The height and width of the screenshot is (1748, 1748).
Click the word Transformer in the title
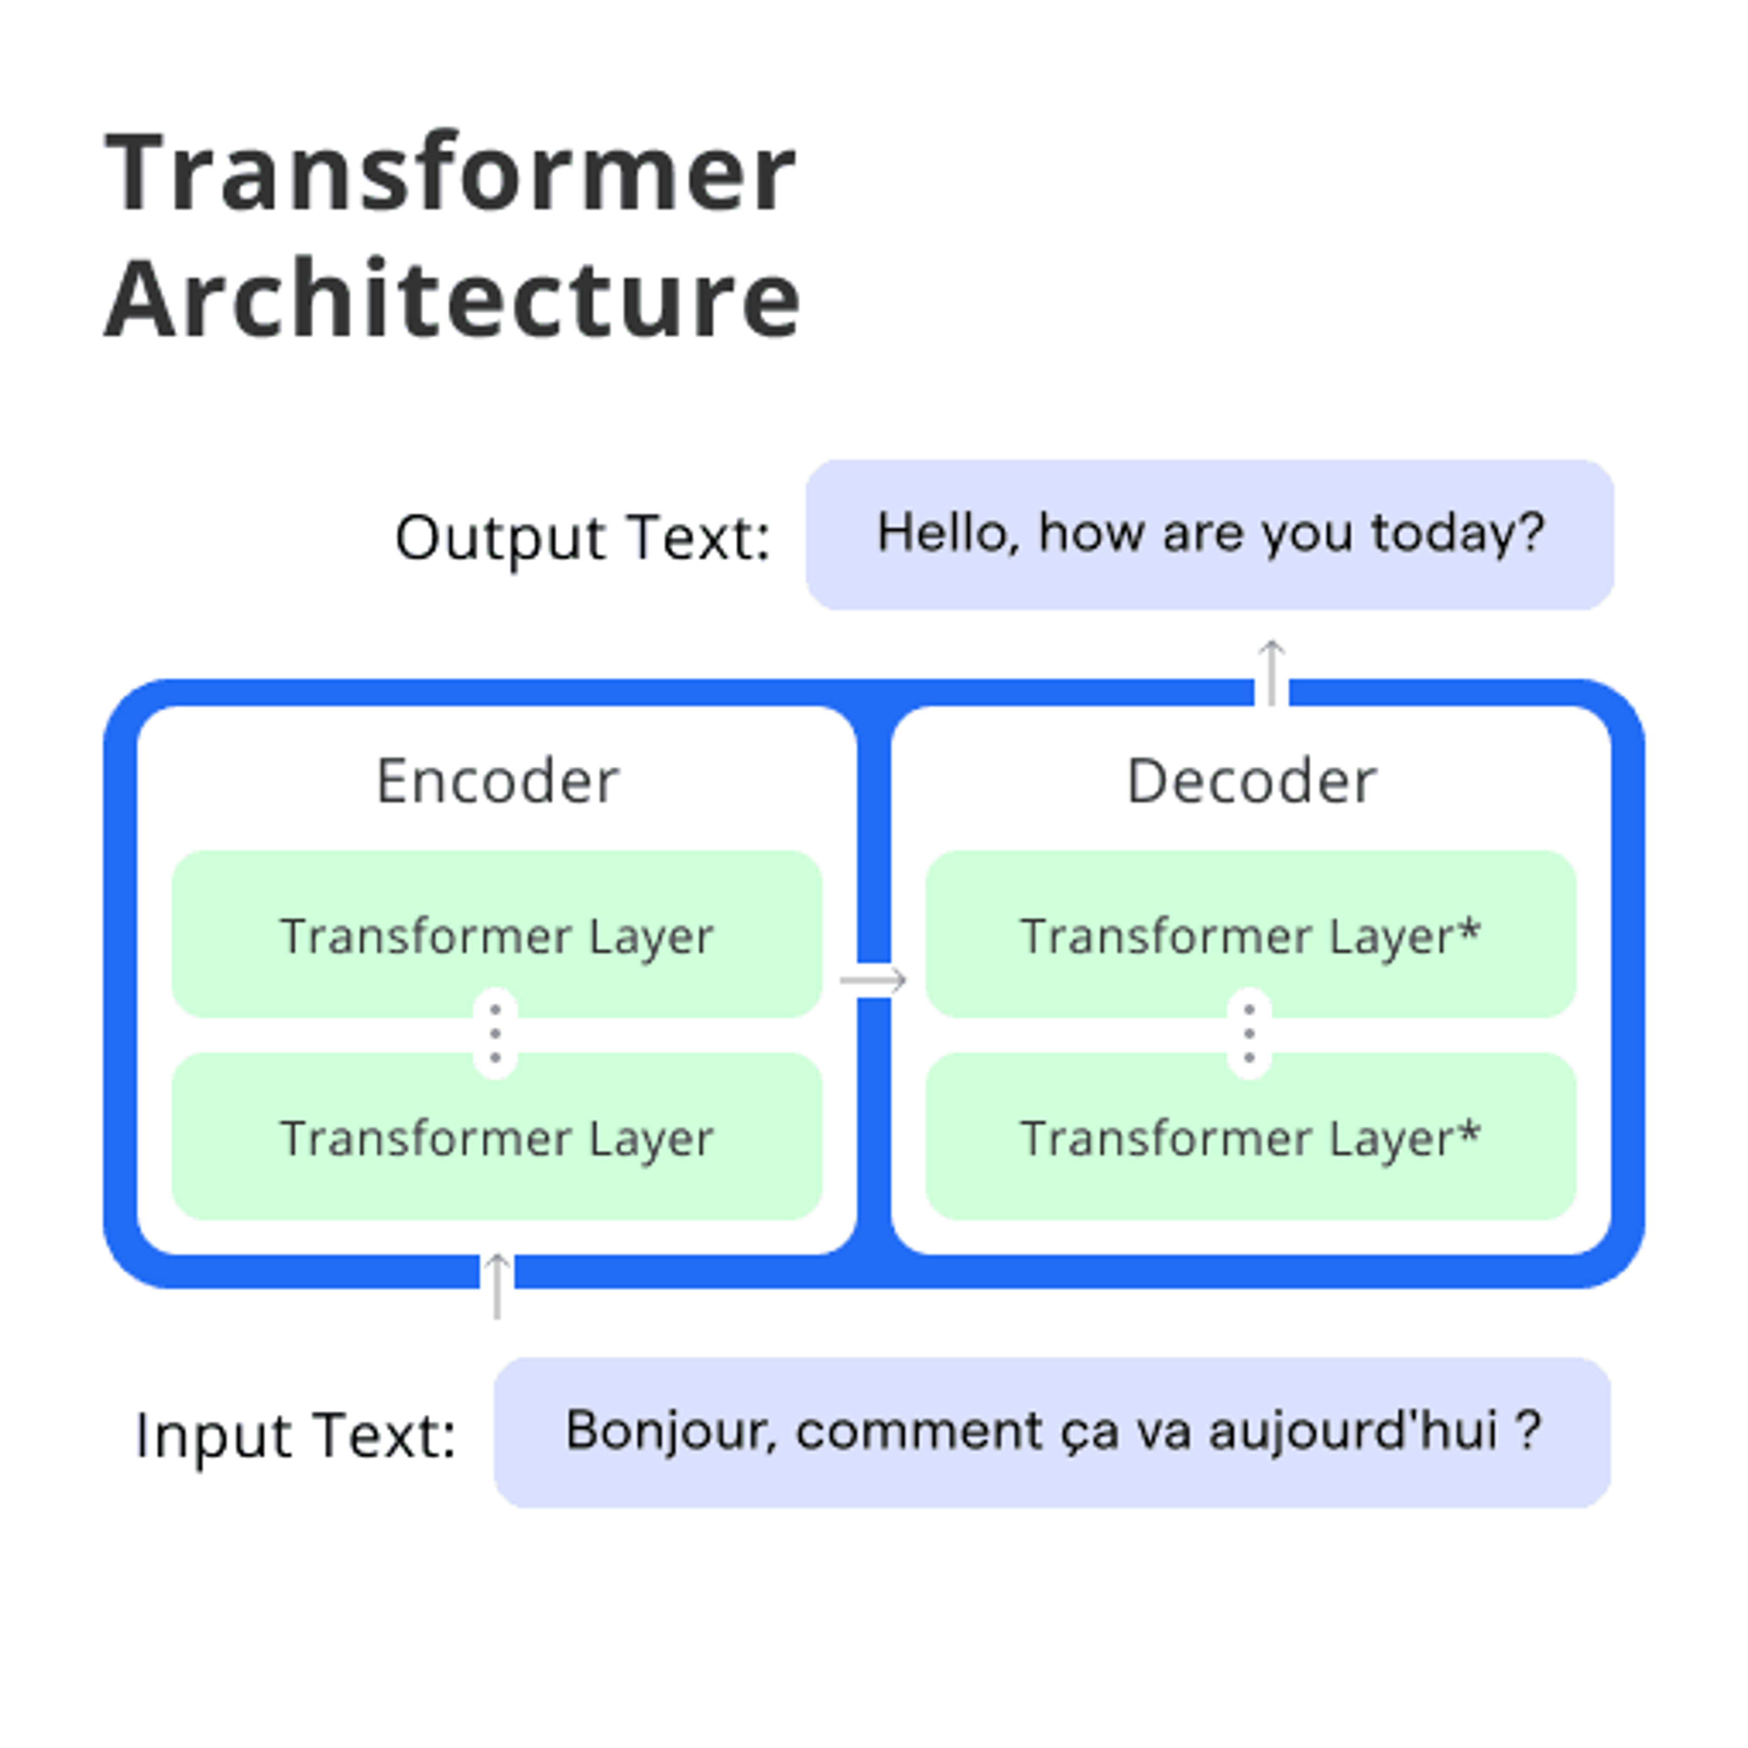[x=450, y=172]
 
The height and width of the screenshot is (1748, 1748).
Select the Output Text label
[x=582, y=539]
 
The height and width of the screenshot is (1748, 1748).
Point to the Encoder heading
[x=497, y=781]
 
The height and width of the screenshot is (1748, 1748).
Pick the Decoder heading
[x=1251, y=781]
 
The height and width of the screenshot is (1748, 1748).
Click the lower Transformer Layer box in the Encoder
[x=497, y=1136]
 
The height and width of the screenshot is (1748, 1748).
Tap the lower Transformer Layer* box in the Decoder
[x=1250, y=1136]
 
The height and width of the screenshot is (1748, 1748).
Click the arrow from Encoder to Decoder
[x=873, y=980]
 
